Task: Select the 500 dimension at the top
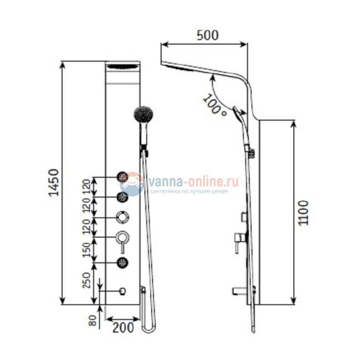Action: point(208,35)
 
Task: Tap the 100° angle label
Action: point(215,105)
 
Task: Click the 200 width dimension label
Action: point(122,327)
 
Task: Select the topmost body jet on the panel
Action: point(122,177)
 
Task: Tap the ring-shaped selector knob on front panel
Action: point(122,217)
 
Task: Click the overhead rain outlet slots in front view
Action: point(122,68)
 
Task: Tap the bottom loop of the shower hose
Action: point(148,328)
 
